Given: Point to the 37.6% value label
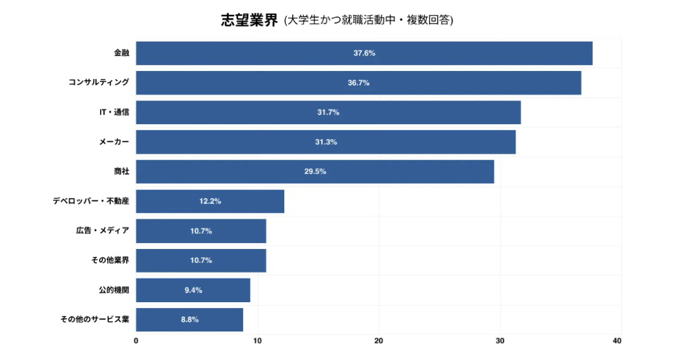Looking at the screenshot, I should (364, 53).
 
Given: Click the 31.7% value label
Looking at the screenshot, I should (328, 113).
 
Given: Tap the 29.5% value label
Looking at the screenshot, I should (315, 172).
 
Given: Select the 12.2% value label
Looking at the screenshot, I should (210, 201).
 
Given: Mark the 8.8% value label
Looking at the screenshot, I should (190, 320).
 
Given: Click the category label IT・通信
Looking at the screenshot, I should (114, 113).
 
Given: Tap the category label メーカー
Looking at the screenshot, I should (114, 142).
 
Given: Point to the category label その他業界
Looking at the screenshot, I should (110, 260).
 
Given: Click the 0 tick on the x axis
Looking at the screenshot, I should (136, 341).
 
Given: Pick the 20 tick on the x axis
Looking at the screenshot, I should (379, 341).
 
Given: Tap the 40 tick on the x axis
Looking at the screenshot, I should (617, 341).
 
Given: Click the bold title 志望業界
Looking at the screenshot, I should (249, 21).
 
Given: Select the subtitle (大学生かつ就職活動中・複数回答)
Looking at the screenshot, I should (368, 21).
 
